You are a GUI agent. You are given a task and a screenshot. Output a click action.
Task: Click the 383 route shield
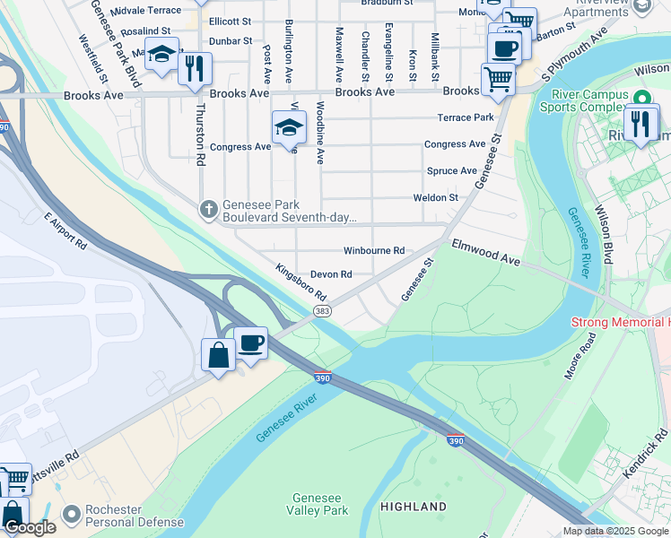tap(322, 310)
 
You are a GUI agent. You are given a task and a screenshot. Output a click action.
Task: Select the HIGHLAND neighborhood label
tap(413, 507)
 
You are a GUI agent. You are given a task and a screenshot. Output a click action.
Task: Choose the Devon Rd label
tap(330, 274)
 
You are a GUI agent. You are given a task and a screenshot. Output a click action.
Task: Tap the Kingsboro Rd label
tap(301, 282)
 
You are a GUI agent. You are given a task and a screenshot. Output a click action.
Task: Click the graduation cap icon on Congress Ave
tap(289, 126)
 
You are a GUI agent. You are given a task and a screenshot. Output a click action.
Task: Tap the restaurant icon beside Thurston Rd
tap(195, 68)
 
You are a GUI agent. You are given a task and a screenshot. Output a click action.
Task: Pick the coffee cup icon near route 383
tap(250, 343)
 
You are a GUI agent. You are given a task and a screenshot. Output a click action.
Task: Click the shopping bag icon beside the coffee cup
tap(218, 354)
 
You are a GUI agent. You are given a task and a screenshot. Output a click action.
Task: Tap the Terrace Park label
tap(466, 117)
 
